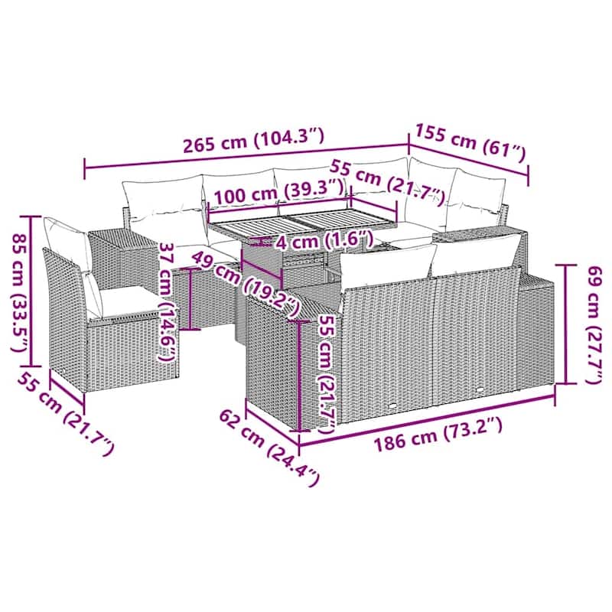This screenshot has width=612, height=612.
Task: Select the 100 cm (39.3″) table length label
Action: tap(279, 191)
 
